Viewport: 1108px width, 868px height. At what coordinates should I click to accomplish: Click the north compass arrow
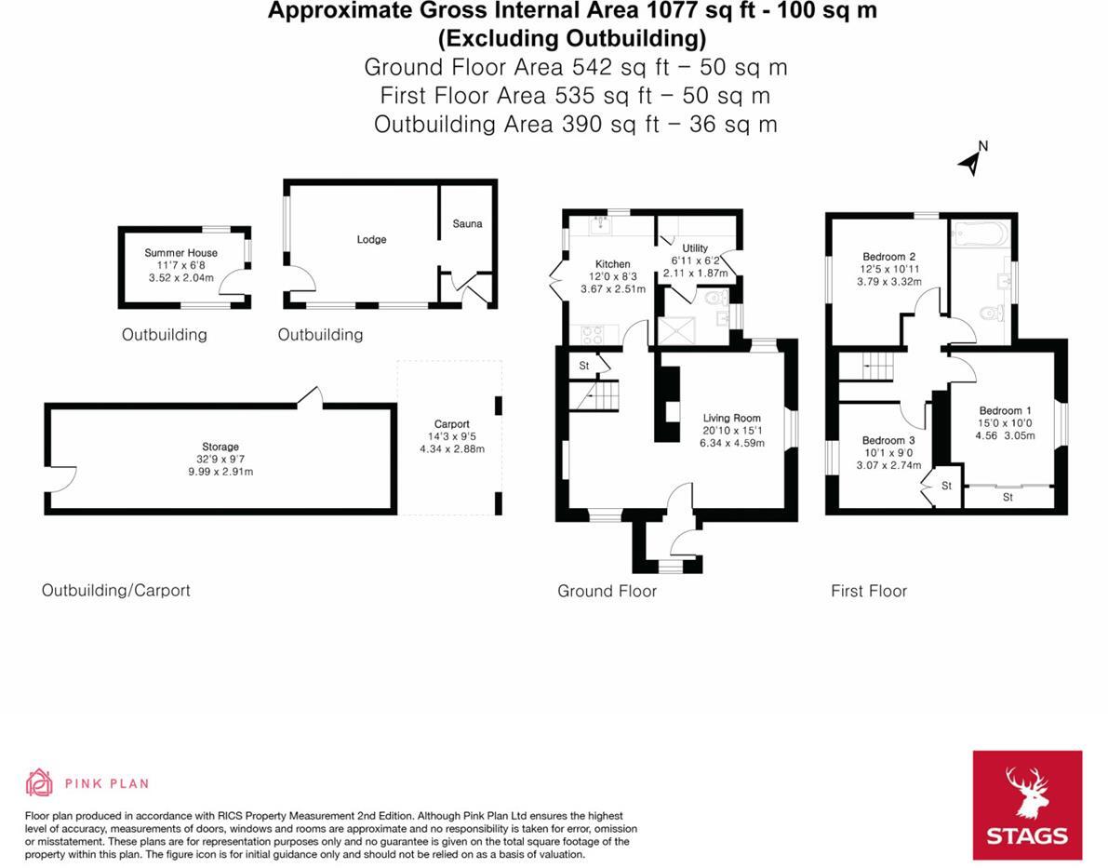(971, 161)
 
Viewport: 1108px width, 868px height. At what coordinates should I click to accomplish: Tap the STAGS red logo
(1027, 805)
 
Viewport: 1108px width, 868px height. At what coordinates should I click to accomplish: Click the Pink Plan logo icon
(39, 782)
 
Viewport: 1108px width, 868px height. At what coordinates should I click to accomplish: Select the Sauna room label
(467, 224)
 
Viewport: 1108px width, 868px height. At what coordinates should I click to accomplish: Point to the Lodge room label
(371, 240)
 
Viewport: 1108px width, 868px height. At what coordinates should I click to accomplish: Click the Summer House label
(181, 253)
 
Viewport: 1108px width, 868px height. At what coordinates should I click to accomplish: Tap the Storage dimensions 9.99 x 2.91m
(220, 472)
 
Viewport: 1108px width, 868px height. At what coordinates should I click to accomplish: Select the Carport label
(452, 424)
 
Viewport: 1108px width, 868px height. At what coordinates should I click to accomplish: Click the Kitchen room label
(612, 264)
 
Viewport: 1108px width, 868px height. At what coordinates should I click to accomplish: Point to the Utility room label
(695, 248)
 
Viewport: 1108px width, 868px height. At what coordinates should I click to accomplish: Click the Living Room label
(731, 419)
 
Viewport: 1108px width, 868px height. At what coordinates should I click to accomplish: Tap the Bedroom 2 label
(889, 257)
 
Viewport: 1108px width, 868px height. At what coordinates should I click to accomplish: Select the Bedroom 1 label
(1005, 411)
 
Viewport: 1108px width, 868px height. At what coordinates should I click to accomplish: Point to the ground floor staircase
(595, 398)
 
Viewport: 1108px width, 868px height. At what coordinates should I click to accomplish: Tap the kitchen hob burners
(594, 333)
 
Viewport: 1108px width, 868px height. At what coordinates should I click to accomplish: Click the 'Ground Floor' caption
(607, 591)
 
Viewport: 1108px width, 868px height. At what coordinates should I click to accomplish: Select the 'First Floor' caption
(868, 591)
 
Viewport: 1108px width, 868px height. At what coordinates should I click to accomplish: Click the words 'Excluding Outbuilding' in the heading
(572, 39)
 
